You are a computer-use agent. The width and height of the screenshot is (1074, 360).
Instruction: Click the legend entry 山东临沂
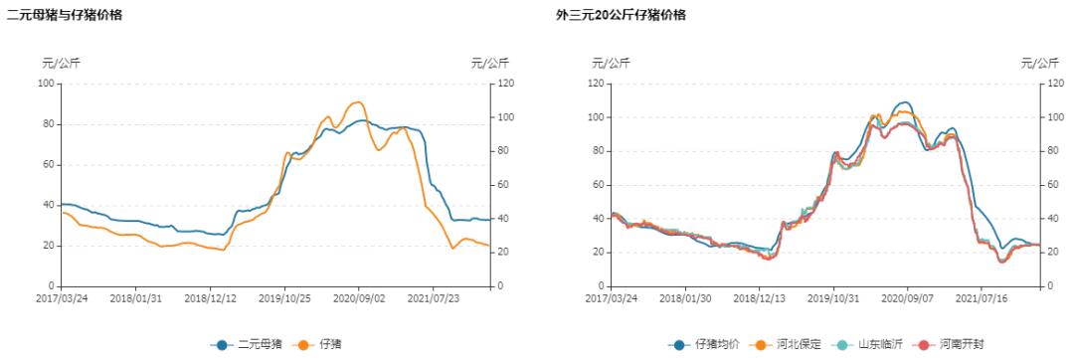tap(873, 344)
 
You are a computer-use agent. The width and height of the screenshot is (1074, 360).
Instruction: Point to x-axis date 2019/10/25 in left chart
tap(285, 297)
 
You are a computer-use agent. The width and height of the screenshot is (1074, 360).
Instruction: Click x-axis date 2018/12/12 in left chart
tap(211, 297)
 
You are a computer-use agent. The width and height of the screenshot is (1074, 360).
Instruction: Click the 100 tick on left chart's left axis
tap(45, 84)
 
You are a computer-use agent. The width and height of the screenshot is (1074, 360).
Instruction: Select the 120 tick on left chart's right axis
tap(507, 84)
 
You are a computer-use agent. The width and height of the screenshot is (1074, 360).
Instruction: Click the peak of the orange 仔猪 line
tap(357, 101)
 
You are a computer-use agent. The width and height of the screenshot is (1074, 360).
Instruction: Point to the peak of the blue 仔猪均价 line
tap(903, 102)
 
